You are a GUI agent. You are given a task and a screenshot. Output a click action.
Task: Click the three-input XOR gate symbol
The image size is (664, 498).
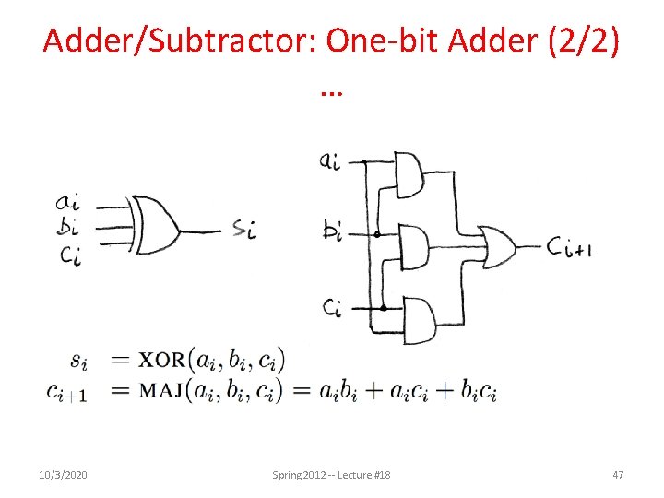[x=155, y=224]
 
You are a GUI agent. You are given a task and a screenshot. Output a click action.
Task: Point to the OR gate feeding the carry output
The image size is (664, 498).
[x=495, y=246]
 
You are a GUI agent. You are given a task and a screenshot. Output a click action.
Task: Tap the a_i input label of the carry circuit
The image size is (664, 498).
[x=330, y=160]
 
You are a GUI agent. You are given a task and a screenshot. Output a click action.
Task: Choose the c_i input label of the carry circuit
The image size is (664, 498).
[x=331, y=305]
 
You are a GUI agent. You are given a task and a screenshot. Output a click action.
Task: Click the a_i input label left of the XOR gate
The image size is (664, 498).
[x=67, y=201]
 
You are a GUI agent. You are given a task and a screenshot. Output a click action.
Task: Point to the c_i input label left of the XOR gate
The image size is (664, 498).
[x=67, y=255]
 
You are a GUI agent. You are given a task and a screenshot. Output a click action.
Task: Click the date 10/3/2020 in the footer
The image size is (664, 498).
[x=62, y=474]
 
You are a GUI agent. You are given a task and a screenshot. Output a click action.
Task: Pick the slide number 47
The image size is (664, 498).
[x=618, y=474]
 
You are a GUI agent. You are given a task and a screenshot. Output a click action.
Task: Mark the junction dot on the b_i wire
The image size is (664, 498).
[x=376, y=234]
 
